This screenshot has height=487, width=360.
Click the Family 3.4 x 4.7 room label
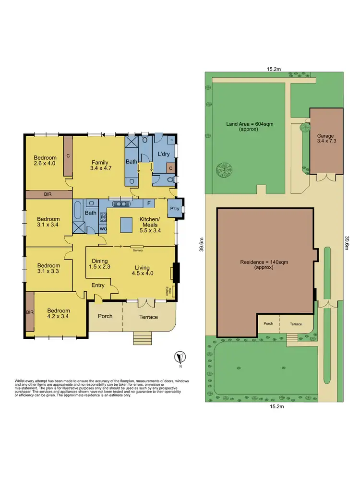99,166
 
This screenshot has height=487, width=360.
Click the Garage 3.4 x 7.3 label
326,139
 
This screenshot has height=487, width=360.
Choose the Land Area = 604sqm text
242,126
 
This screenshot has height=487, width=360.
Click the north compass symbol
180,358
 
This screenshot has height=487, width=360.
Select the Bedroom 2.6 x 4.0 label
45,161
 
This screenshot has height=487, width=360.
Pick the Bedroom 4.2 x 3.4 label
58,313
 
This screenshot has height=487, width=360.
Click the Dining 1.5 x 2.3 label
100,263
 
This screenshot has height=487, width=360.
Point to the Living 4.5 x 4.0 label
142,271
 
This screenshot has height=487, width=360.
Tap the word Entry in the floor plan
98,285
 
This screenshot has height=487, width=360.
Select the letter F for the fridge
149,203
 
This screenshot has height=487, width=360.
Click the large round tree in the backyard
224,170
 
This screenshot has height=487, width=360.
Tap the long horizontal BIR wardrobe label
47,194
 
